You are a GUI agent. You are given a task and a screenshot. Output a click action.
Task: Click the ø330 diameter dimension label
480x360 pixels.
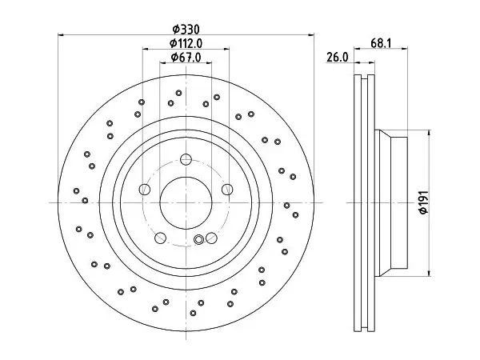(x=186, y=30)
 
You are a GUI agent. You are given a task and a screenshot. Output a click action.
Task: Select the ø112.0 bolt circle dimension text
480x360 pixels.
(x=186, y=43)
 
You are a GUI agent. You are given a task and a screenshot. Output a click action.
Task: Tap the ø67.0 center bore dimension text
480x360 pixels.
(x=186, y=58)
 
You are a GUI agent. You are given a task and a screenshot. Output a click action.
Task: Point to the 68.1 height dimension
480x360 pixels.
(x=381, y=43)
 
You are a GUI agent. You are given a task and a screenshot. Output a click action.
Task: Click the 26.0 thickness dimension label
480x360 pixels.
(x=338, y=58)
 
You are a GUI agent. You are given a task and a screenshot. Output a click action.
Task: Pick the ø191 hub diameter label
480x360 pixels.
(x=424, y=202)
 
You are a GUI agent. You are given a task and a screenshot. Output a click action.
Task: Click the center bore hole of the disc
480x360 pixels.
(x=186, y=202)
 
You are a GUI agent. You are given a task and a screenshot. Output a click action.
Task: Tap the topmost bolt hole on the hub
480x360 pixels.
(x=186, y=159)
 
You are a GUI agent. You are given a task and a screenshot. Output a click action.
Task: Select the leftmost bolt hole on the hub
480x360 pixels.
(x=145, y=189)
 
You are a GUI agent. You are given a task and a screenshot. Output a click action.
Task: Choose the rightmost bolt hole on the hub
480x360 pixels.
(x=227, y=189)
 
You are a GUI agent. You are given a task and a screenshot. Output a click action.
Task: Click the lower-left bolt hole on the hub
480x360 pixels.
(x=161, y=238)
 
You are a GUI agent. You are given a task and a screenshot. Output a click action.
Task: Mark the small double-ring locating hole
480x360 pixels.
(x=199, y=239)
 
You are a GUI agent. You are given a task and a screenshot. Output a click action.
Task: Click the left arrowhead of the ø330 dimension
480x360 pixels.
(x=61, y=35)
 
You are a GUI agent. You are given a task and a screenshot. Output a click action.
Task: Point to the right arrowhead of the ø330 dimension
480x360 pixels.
(x=311, y=35)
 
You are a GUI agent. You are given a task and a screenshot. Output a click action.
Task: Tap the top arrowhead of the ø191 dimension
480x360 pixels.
(x=429, y=133)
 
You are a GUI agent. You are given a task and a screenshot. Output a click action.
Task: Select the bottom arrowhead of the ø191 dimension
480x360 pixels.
(x=429, y=273)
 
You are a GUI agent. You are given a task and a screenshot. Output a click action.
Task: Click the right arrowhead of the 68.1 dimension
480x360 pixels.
(x=405, y=48)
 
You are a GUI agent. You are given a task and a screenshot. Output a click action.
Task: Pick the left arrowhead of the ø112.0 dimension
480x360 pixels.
(x=146, y=49)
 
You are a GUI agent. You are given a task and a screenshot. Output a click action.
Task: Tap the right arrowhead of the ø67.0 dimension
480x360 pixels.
(x=209, y=62)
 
